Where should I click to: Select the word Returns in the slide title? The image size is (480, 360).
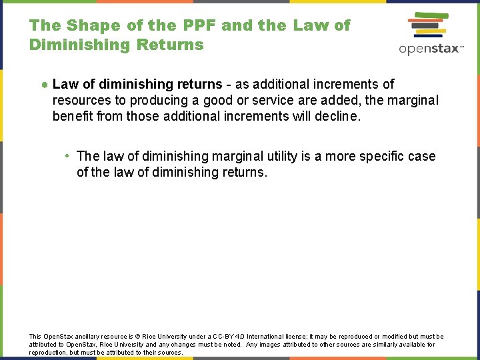tap(169, 45)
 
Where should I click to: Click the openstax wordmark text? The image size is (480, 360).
tap(431, 49)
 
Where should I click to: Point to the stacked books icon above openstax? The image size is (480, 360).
tap(429, 26)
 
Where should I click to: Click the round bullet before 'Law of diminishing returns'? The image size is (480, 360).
tap(43, 85)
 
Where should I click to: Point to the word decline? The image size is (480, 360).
tap(338, 116)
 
